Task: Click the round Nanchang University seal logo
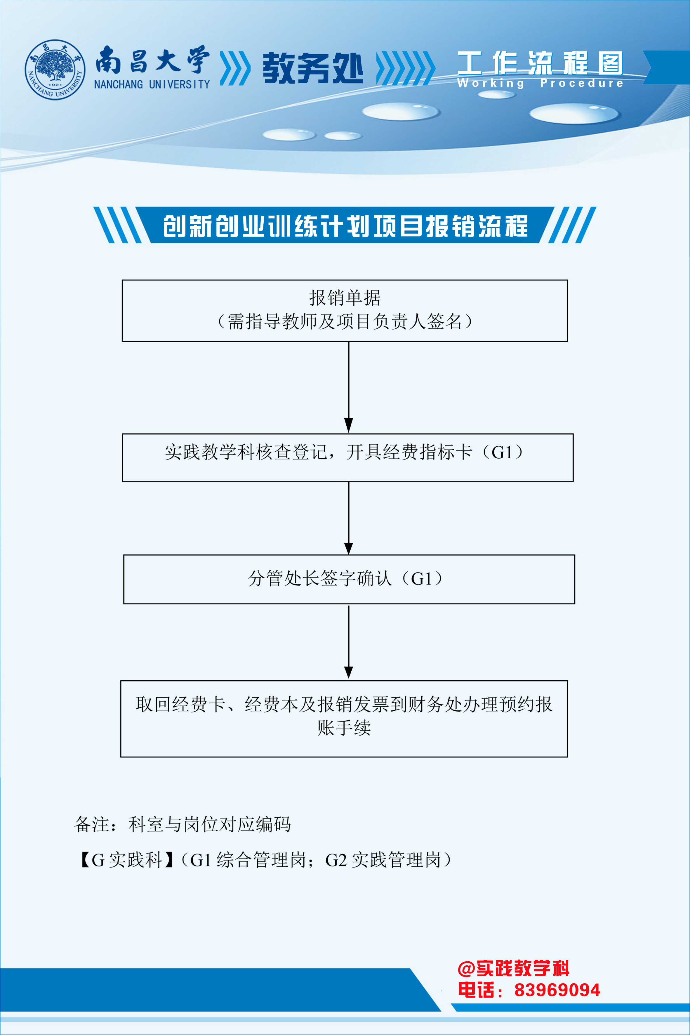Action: [x=55, y=70]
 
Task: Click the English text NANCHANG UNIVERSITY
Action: [x=152, y=84]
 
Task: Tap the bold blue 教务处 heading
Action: [x=313, y=68]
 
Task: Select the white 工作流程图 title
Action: [x=540, y=63]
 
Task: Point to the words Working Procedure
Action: [x=540, y=83]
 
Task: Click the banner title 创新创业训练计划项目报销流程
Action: [x=345, y=226]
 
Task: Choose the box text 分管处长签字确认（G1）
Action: [x=345, y=578]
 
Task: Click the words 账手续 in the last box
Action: [x=344, y=728]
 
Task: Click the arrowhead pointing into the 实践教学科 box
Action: [x=349, y=426]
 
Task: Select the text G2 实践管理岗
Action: [x=383, y=860]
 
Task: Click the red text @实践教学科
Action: [x=514, y=968]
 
